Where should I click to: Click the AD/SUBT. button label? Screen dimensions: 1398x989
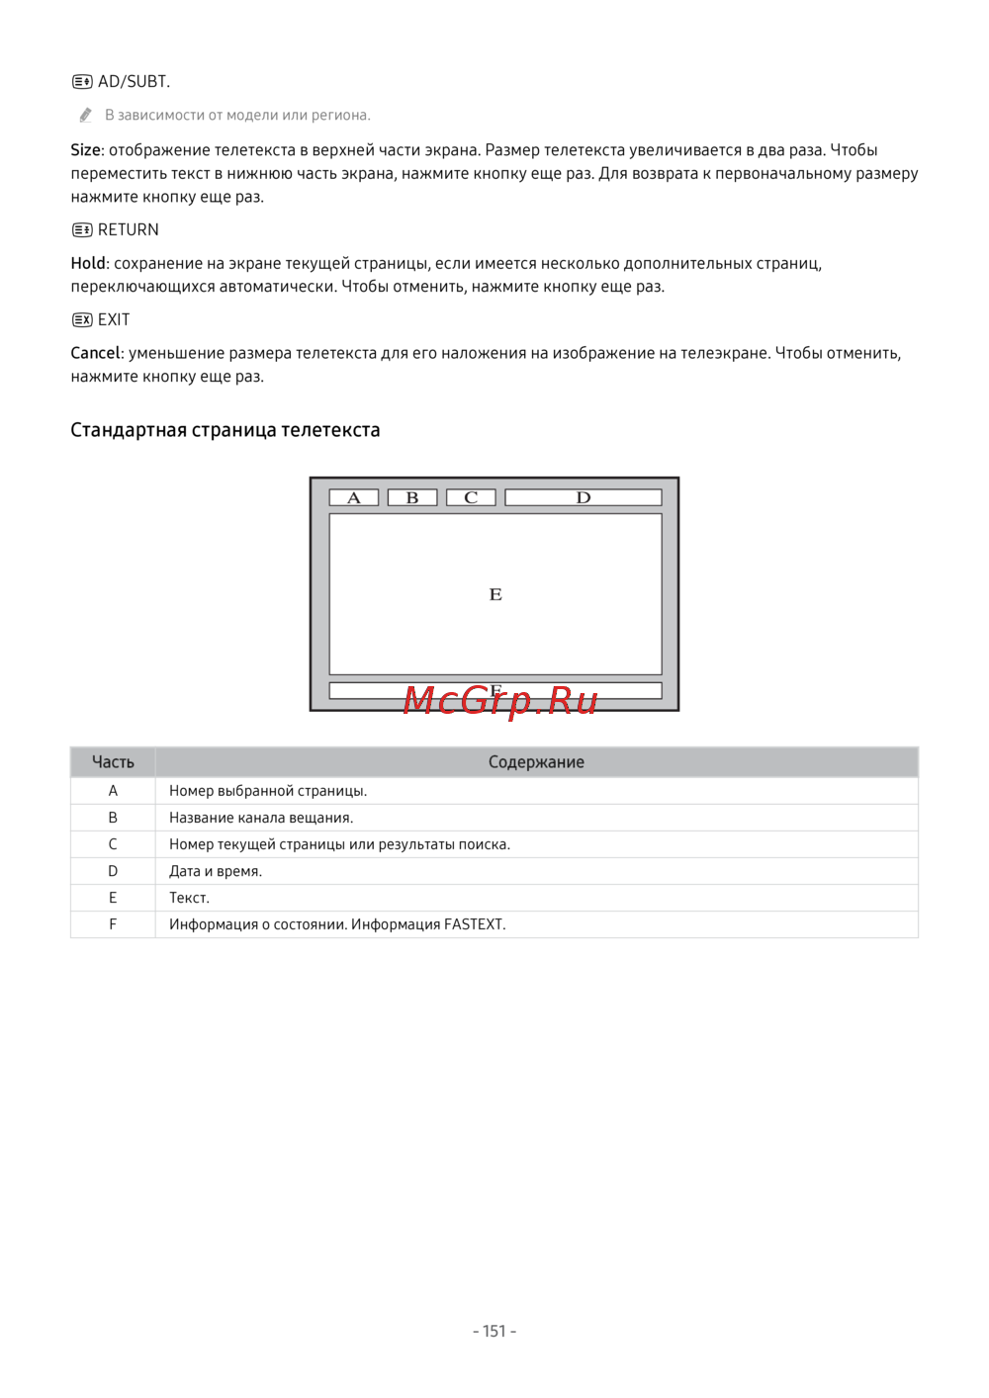tap(134, 82)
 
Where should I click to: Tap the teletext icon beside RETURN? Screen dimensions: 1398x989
tap(82, 230)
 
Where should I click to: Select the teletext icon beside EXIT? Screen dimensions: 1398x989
tap(82, 320)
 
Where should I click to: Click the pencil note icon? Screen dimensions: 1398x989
tap(86, 116)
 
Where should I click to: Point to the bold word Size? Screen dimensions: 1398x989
tap(86, 150)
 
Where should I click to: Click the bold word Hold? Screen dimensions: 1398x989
tap(88, 264)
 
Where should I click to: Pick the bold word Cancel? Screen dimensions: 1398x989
tap(95, 354)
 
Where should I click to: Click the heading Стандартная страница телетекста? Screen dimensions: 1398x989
tap(225, 430)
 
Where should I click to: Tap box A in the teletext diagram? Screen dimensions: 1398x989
tap(354, 497)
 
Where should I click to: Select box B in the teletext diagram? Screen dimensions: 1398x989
tap(412, 497)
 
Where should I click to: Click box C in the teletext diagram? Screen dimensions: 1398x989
tap(471, 497)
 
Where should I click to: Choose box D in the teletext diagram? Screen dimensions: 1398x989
tap(584, 497)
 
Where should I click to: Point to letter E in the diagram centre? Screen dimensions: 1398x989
tap(495, 594)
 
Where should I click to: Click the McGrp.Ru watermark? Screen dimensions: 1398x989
tap(500, 700)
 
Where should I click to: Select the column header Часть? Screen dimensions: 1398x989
tap(113, 762)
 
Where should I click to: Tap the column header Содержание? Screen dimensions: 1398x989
tap(536, 762)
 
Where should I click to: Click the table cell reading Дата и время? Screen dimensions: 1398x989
tap(216, 871)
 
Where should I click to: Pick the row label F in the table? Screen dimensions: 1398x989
tap(113, 924)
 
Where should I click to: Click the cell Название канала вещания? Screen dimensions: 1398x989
tap(261, 818)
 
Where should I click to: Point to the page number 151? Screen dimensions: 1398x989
tap(494, 1331)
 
